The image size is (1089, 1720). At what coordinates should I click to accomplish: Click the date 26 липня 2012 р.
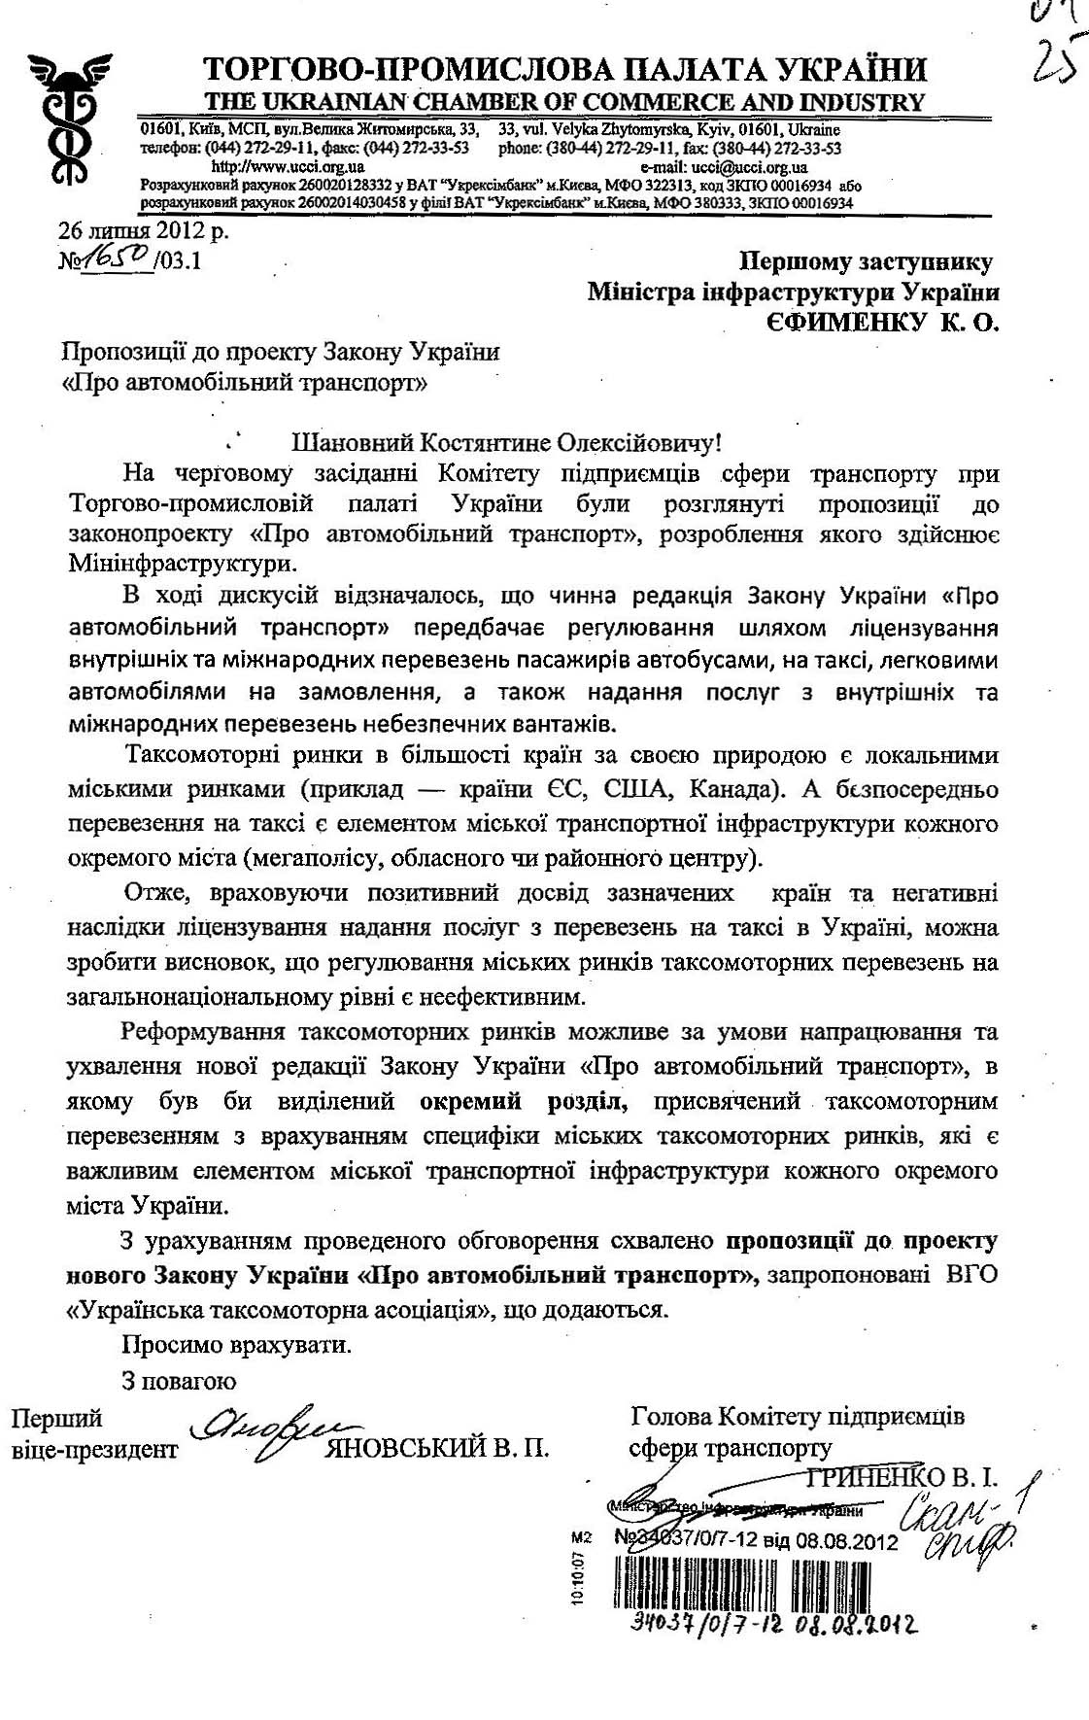pos(144,231)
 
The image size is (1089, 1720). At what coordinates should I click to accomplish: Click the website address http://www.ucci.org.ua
pos(282,167)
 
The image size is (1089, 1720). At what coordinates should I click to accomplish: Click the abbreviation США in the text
pos(640,789)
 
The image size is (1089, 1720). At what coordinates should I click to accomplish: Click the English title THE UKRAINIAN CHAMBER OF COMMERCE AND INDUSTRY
pos(563,102)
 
